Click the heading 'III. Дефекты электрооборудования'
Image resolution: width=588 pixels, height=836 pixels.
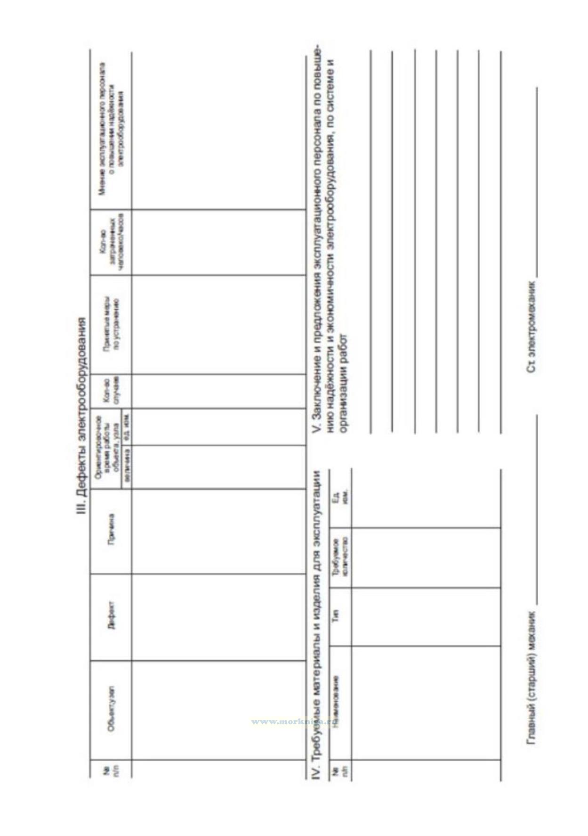coord(82,417)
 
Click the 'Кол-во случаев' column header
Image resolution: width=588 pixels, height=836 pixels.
coord(111,391)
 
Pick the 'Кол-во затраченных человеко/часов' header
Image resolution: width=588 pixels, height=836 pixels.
coord(111,242)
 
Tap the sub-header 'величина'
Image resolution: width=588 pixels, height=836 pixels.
coord(126,466)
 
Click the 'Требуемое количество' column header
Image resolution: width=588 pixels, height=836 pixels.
coord(339,557)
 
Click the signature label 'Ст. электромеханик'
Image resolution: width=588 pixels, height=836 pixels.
coord(531,327)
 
